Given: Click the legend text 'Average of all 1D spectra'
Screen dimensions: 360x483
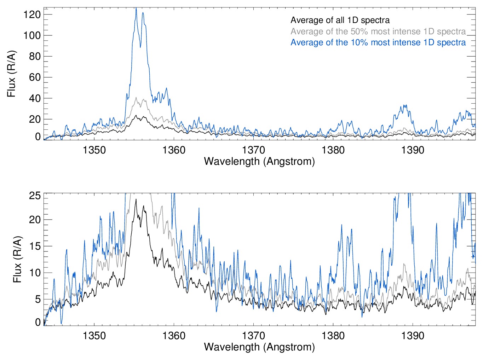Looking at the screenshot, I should tap(340, 20).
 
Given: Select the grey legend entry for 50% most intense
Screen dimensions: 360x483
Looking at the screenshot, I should tap(378, 31).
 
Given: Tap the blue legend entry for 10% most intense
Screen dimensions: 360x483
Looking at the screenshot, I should tap(378, 42).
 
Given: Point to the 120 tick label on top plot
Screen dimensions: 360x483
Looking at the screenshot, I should tap(32, 14).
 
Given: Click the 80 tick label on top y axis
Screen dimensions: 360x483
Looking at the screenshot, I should tap(35, 56).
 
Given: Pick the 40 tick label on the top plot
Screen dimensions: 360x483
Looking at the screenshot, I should tap(35, 98).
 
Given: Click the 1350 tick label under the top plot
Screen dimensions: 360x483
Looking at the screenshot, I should tap(94, 150).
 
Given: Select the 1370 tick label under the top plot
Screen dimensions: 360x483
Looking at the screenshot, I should tap(253, 150).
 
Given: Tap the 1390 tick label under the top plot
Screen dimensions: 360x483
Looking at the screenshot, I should tap(413, 150).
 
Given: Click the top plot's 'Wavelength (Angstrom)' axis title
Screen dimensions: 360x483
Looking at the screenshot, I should tap(259, 162).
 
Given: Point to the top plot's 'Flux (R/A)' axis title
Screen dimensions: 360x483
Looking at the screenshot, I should tap(12, 74).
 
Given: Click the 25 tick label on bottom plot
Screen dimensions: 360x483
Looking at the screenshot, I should tap(35, 196).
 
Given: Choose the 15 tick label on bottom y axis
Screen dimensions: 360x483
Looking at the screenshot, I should tap(35, 246).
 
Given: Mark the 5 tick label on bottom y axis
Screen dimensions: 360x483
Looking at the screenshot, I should tap(38, 299).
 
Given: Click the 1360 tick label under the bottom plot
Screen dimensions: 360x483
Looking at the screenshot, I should tap(174, 336).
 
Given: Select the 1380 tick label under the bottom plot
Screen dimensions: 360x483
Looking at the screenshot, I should tap(333, 336).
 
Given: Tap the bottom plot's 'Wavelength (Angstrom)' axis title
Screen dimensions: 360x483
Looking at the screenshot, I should tap(259, 347).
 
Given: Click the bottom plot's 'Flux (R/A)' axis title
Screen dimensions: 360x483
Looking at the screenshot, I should tap(17, 259).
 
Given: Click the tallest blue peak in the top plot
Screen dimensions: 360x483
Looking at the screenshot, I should tap(136, 8).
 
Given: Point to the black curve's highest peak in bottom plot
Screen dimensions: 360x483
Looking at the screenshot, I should tap(136, 199).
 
